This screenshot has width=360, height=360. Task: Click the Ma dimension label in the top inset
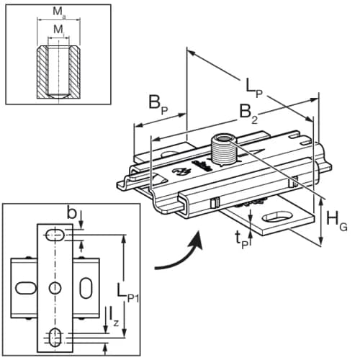tap(57, 12)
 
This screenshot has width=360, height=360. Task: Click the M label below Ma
tap(57, 30)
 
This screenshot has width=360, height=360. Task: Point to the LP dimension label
tap(253, 86)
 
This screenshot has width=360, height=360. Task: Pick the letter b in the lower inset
tap(71, 212)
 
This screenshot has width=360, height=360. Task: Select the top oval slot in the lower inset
tap(55, 234)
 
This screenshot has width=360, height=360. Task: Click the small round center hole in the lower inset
tap(55, 288)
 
